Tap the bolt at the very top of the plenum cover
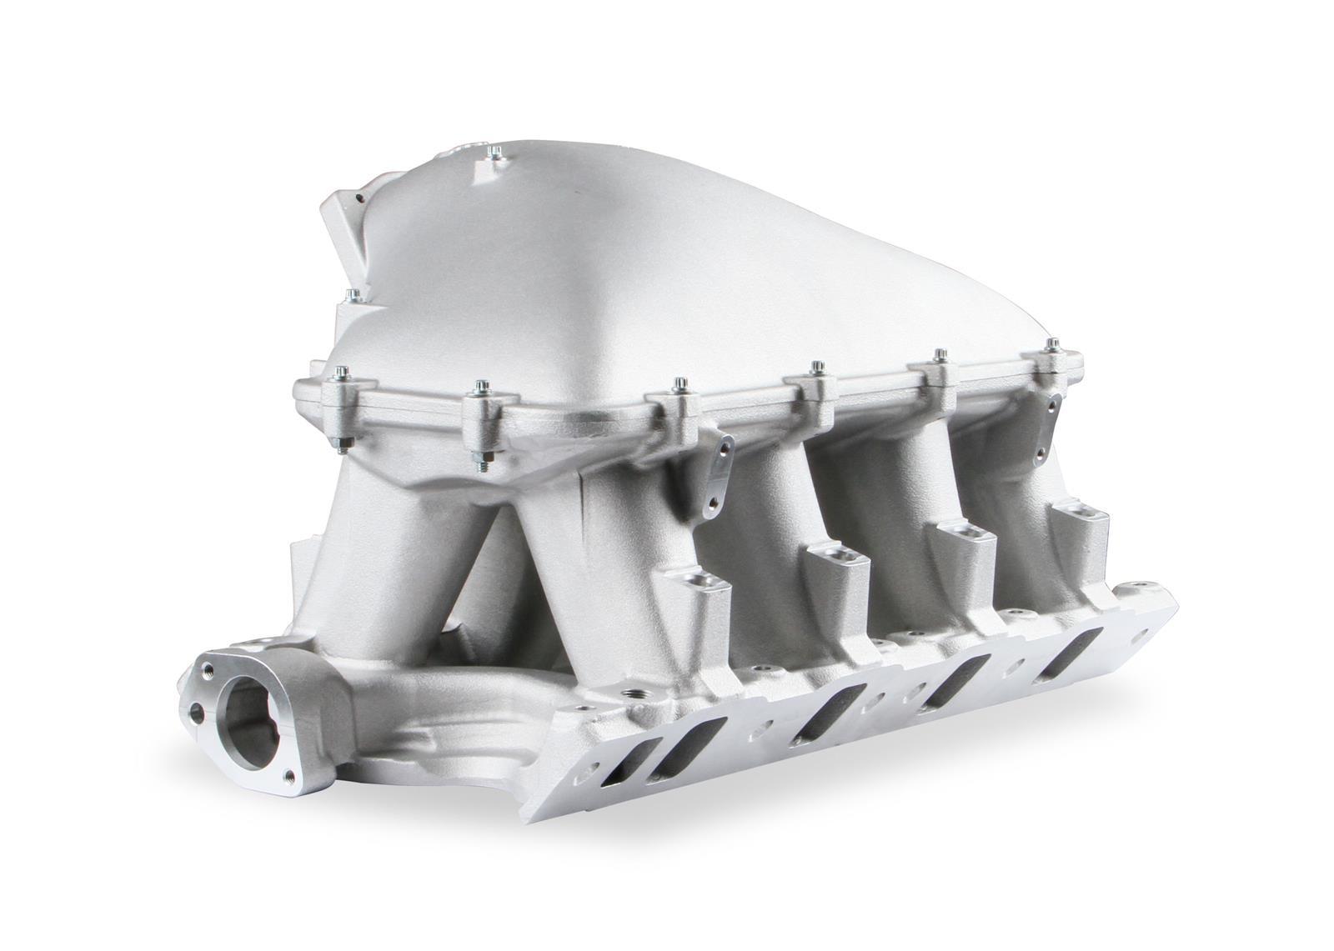[x=495, y=153]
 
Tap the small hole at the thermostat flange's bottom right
[x=289, y=779]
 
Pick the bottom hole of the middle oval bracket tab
[x=711, y=501]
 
